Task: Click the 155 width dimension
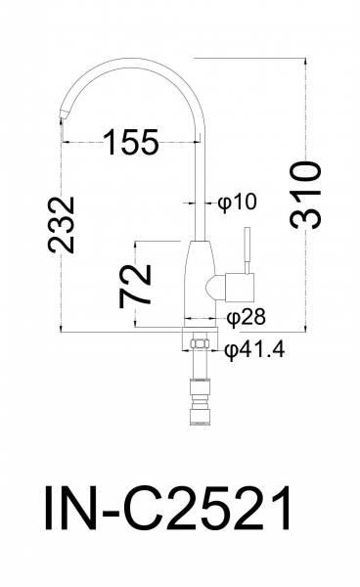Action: coord(131,142)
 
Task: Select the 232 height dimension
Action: coord(61,224)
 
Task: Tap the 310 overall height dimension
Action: coord(306,195)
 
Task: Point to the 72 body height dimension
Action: coord(135,286)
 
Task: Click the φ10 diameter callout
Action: coord(238,203)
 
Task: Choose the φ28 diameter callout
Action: coord(247,317)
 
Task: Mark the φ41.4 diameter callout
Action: coord(254,350)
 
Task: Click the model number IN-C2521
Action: coord(168,508)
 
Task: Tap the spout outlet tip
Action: coord(64,114)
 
